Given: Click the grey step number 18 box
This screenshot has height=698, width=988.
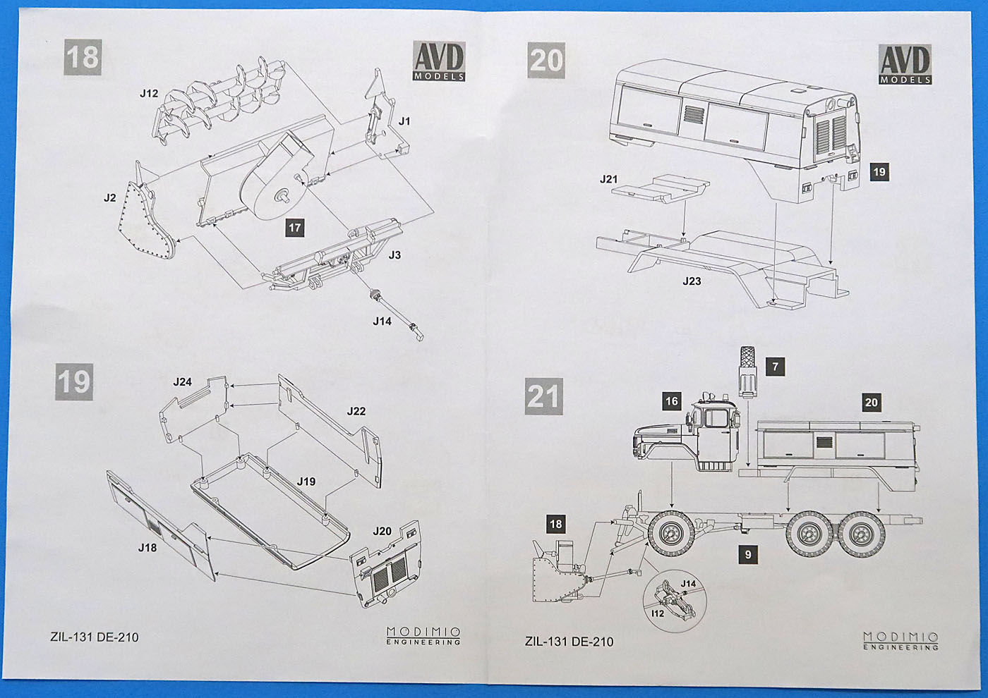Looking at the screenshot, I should [x=83, y=57].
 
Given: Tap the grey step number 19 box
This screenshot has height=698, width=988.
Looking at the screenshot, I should [x=74, y=381].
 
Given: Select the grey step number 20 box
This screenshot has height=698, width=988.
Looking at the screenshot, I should [x=546, y=60].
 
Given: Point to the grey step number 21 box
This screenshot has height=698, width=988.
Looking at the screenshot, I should [x=543, y=396].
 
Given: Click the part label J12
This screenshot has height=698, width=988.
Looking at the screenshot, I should [x=149, y=93].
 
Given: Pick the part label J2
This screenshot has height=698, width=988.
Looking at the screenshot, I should [x=109, y=198].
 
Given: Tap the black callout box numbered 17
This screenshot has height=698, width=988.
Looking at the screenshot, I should [x=294, y=227].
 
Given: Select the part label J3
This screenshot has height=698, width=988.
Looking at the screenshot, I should [x=394, y=255].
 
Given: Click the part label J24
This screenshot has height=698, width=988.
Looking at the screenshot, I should [x=182, y=382].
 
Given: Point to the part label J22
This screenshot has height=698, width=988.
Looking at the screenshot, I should [x=356, y=411].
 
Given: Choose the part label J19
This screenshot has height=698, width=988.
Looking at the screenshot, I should [x=306, y=482].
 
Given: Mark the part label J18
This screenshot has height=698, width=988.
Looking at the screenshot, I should [x=147, y=548].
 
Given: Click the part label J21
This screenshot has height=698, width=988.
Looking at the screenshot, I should [x=608, y=179].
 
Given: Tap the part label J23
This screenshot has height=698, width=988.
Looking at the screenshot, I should [x=692, y=281].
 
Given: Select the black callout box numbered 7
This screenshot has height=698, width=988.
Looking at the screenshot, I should [x=775, y=367].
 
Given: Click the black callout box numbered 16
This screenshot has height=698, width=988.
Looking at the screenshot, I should [x=671, y=401].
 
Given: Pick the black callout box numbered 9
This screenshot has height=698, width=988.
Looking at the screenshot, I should [x=748, y=555].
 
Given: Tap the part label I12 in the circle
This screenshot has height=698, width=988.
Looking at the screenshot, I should [x=658, y=614].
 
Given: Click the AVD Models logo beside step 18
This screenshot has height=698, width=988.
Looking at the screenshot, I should [x=438, y=62].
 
